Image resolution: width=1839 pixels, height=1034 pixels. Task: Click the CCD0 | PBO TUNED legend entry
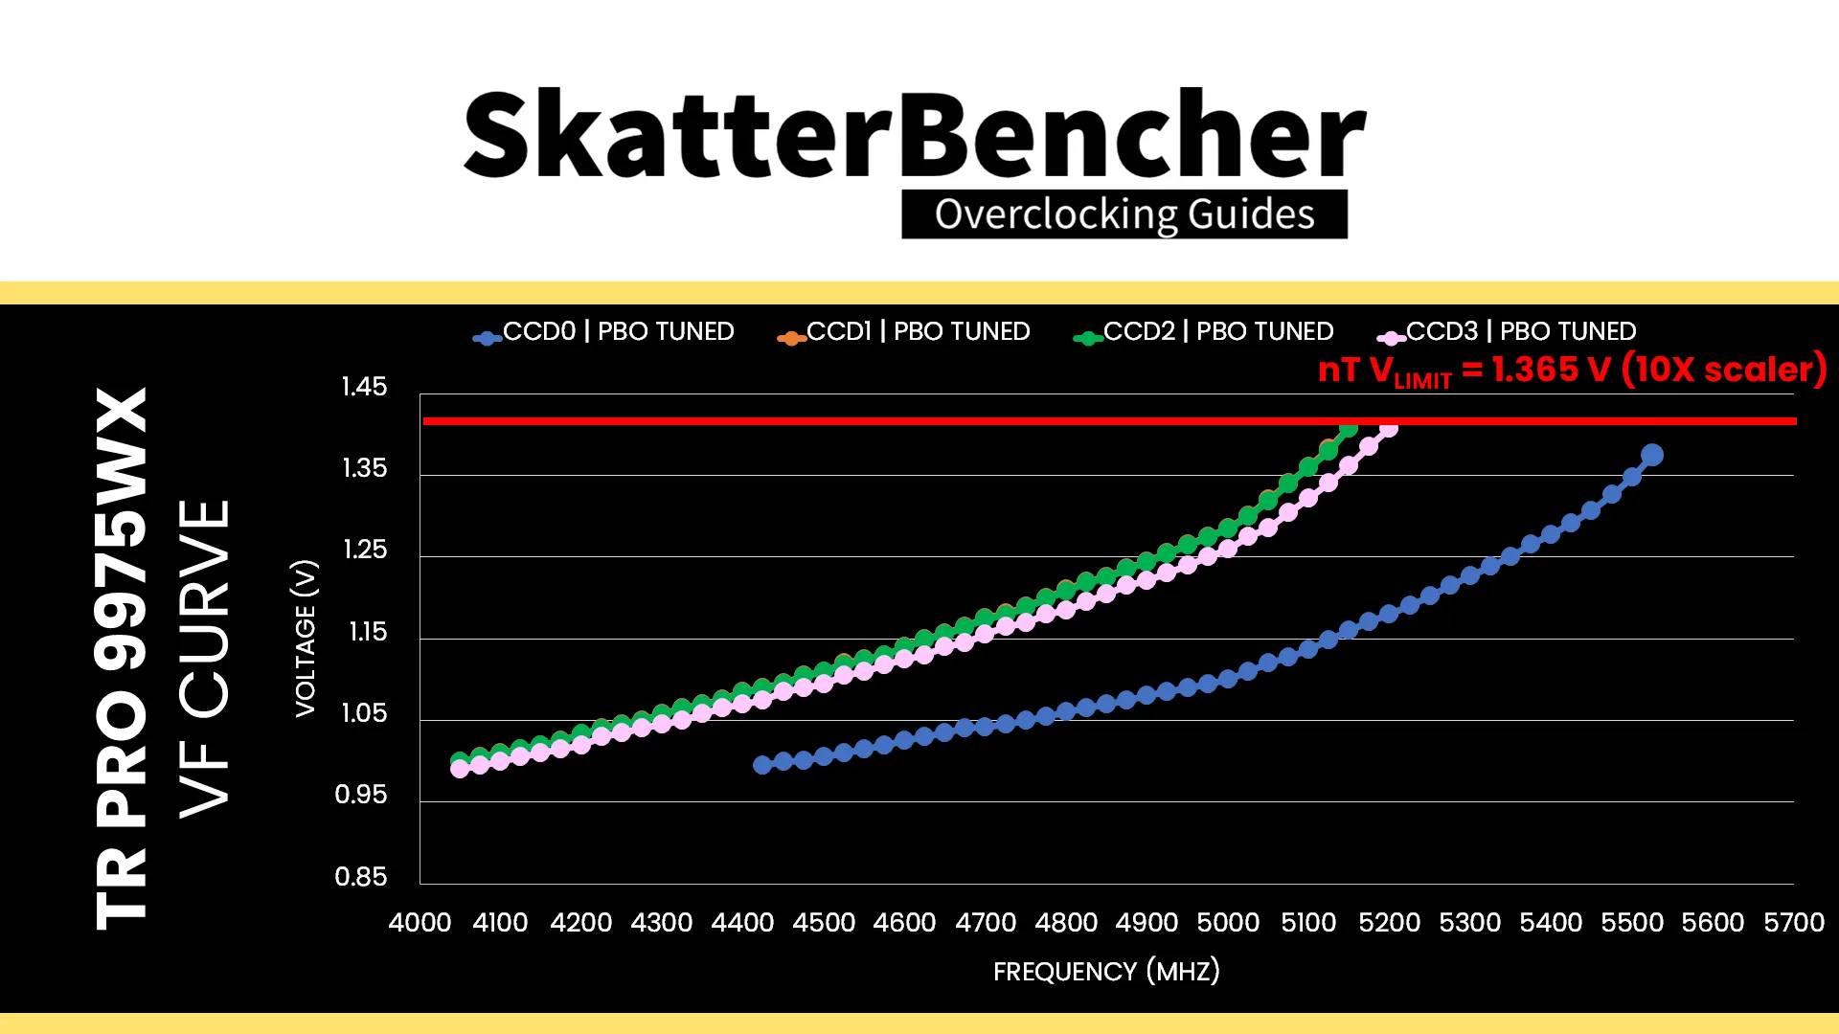tap(603, 332)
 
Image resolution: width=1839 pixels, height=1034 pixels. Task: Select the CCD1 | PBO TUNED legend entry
tap(903, 332)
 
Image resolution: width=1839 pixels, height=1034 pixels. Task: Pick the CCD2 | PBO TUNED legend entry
tap(1203, 332)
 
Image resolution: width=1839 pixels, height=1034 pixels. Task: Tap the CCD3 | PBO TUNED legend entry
tap(1507, 332)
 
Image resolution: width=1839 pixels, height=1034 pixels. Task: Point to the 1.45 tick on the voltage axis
tap(364, 387)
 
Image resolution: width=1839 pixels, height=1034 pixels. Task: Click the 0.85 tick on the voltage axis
tap(361, 877)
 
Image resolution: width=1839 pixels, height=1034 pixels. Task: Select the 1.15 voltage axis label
tap(368, 632)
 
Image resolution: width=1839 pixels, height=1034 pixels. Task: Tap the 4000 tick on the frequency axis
tap(420, 923)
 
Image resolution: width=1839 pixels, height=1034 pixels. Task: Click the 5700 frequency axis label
tap(1794, 923)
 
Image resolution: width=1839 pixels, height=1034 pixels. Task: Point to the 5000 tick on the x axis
tap(1228, 923)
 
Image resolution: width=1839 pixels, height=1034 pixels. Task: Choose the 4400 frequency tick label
tap(742, 923)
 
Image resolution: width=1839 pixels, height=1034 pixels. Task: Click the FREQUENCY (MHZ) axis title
tap(1106, 971)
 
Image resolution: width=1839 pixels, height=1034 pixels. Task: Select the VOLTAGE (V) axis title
tap(306, 638)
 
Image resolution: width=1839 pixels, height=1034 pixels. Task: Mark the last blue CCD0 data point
tap(1651, 455)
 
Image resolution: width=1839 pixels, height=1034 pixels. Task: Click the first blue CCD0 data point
tap(762, 765)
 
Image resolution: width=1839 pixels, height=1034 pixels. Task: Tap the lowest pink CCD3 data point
tap(460, 769)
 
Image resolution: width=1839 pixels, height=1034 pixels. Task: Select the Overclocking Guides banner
tap(1124, 214)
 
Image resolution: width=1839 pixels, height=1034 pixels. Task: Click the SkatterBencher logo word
tap(915, 134)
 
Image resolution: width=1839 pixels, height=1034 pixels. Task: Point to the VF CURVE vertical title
tap(205, 659)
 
